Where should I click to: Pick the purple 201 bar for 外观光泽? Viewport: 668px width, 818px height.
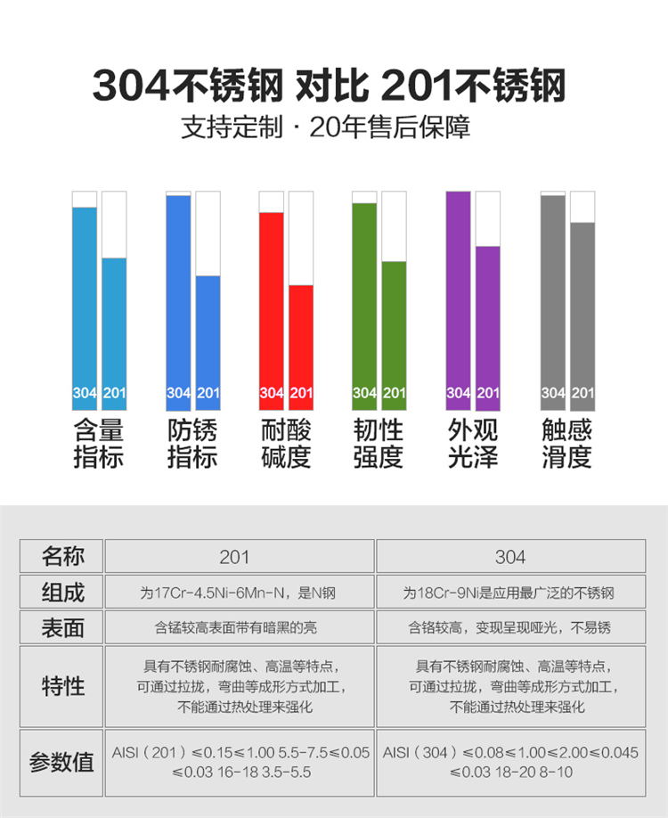click(x=488, y=325)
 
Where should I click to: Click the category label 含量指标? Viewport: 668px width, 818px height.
click(x=98, y=444)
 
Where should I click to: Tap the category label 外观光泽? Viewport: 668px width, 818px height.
click(x=473, y=444)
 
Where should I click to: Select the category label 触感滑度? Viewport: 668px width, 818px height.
click(x=566, y=444)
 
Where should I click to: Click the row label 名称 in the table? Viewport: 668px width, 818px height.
click(x=62, y=557)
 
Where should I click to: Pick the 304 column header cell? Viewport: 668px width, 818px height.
click(x=510, y=557)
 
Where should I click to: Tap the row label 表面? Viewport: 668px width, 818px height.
click(x=62, y=627)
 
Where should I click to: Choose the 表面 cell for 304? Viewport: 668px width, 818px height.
click(x=510, y=627)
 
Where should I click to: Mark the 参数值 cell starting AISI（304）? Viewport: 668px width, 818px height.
click(x=510, y=762)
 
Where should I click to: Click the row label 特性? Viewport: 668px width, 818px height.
click(x=62, y=686)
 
